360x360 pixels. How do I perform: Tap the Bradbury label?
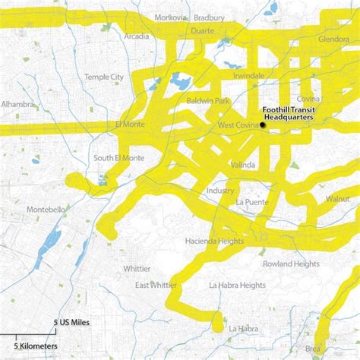click(x=210, y=17)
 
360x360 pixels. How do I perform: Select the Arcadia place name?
click(x=137, y=36)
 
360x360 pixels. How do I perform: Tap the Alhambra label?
click(x=17, y=103)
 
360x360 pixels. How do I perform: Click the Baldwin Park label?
click(x=206, y=99)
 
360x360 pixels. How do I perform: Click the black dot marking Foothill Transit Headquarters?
click(x=263, y=125)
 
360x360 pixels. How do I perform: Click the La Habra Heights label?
click(x=237, y=285)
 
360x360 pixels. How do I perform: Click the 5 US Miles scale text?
click(x=71, y=323)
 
